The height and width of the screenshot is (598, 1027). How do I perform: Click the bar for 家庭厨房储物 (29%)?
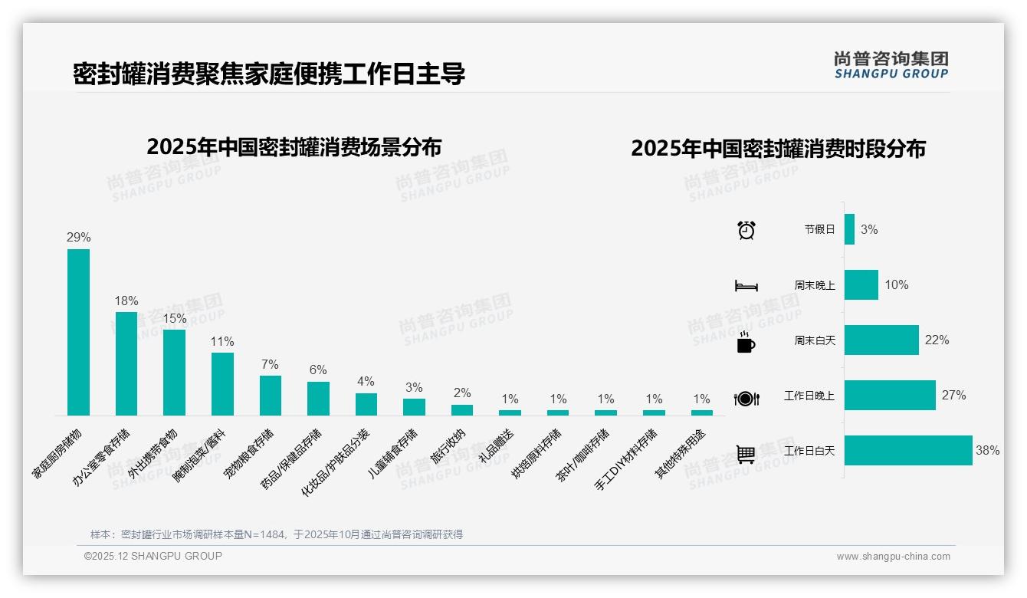(78, 332)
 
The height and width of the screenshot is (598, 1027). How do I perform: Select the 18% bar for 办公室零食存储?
(126, 363)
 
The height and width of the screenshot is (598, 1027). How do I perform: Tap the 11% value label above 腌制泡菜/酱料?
(222, 342)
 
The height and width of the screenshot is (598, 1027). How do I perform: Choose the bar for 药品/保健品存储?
(318, 399)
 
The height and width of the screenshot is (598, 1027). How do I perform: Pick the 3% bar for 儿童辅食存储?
(414, 407)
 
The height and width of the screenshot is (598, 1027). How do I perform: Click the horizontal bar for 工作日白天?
(908, 451)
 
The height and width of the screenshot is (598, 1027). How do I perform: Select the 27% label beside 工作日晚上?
(953, 396)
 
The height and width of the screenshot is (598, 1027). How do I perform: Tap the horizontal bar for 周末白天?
(881, 340)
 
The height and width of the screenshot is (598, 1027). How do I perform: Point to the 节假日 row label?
(819, 229)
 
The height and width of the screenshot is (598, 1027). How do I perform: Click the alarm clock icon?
(746, 230)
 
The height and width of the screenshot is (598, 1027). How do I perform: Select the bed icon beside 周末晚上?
(746, 286)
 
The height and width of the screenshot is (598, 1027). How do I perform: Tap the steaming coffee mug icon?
(746, 342)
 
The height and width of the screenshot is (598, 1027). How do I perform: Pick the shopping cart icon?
(746, 454)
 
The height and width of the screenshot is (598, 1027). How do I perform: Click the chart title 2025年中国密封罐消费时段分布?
(778, 148)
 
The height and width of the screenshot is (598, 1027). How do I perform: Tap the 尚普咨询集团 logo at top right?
(891, 64)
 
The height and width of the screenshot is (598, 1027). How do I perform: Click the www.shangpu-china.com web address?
(893, 557)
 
